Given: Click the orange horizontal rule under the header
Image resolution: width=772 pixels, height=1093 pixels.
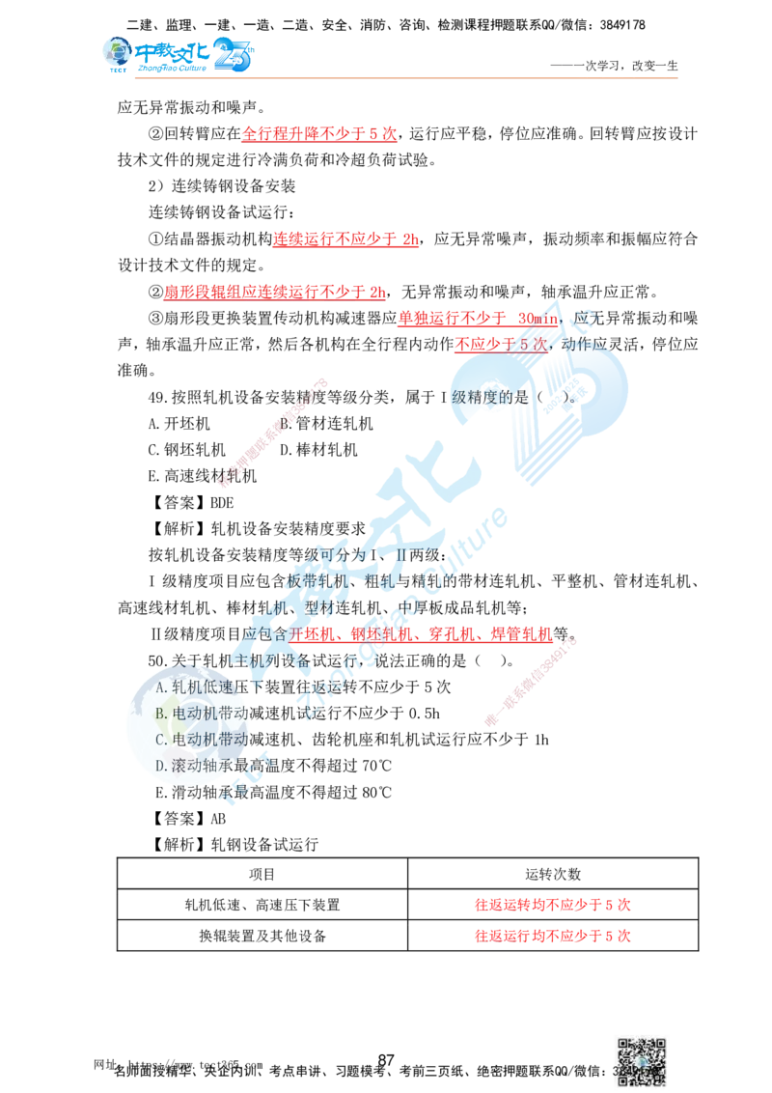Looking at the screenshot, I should click(405, 77).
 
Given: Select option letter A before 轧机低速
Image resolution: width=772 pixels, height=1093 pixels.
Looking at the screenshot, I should click(161, 687).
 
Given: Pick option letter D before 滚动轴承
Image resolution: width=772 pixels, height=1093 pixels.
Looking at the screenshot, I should click(161, 765).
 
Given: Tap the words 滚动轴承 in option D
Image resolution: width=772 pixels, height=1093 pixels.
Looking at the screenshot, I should click(198, 765).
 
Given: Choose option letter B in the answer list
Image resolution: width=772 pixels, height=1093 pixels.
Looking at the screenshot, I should click(161, 713).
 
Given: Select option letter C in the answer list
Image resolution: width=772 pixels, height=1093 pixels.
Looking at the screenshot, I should click(161, 739).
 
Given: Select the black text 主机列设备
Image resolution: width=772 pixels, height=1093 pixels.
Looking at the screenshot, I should click(261, 661).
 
